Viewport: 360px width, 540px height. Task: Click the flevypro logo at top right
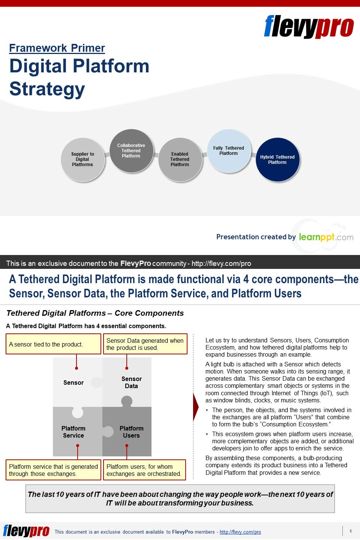pos(309,27)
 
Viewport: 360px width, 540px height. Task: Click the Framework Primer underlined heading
pos(57,48)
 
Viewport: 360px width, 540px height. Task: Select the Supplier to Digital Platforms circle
pos(82,159)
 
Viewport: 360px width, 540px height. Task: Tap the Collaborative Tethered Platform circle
pos(131,151)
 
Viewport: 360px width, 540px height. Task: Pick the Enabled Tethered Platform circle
pos(180,159)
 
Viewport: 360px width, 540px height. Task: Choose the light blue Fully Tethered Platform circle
pos(229,151)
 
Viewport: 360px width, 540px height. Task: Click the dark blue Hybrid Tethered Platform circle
pos(277,160)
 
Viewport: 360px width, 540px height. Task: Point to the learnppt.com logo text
pos(325,237)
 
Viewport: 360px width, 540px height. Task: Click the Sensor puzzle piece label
pos(73,382)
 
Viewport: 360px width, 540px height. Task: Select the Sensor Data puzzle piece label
pos(131,382)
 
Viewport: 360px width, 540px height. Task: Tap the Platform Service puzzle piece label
pos(73,432)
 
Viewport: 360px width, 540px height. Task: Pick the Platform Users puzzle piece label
pos(131,432)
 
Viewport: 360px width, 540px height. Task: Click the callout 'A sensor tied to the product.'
pos(53,344)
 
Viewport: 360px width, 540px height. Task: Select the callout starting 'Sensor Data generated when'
pos(145,344)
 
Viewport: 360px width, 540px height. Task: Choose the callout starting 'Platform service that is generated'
pos(53,470)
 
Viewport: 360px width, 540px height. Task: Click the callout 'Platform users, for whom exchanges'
pos(144,470)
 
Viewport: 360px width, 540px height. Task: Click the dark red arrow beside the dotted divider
pos(196,407)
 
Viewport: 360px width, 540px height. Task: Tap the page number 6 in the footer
pos(351,531)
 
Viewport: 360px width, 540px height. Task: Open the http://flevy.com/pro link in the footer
pos(240,532)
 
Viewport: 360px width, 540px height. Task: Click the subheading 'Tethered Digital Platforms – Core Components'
pos(95,313)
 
